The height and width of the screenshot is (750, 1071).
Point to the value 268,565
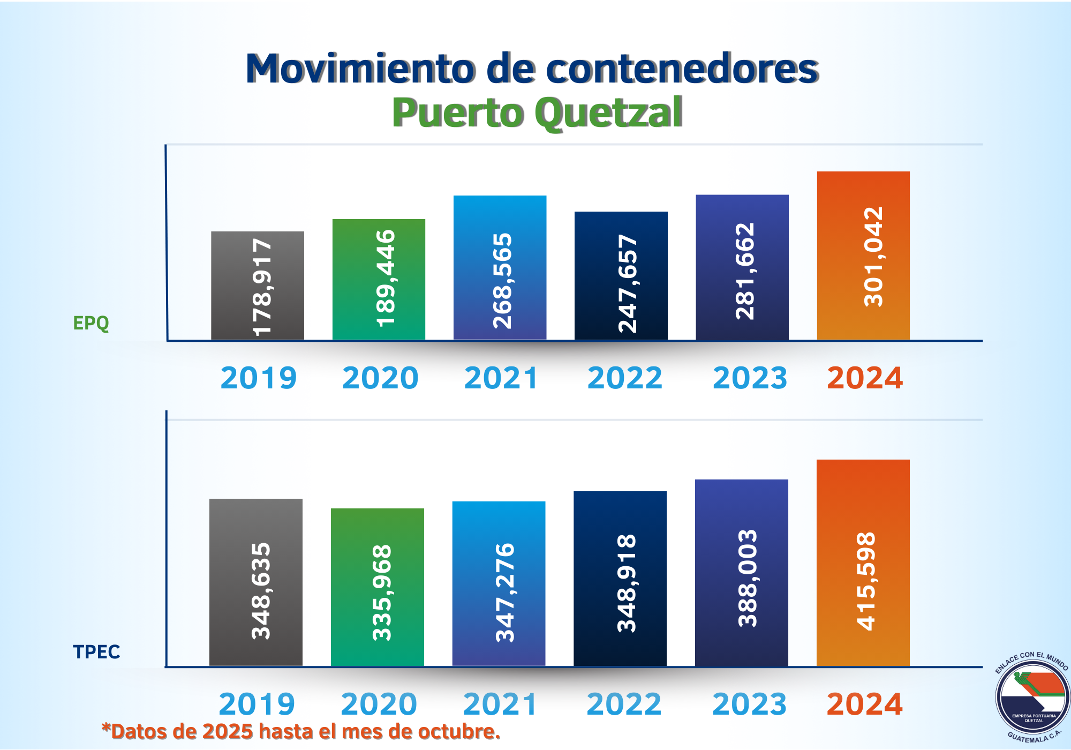click(x=502, y=281)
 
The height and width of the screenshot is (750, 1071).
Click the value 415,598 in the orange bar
click(x=866, y=581)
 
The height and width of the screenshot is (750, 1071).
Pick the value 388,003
click(x=748, y=578)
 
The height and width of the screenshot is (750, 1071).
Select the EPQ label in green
click(x=90, y=323)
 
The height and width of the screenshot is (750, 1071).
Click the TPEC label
click(x=96, y=652)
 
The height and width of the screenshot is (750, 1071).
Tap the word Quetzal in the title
click(x=608, y=113)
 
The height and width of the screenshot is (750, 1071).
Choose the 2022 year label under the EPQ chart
click(x=624, y=378)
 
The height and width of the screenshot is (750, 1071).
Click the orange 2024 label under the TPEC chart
click(x=864, y=704)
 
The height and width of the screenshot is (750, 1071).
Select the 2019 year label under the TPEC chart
click(x=257, y=704)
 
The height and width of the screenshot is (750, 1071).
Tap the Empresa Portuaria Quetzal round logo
click(x=1032, y=697)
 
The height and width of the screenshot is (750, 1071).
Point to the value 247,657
click(x=628, y=283)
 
